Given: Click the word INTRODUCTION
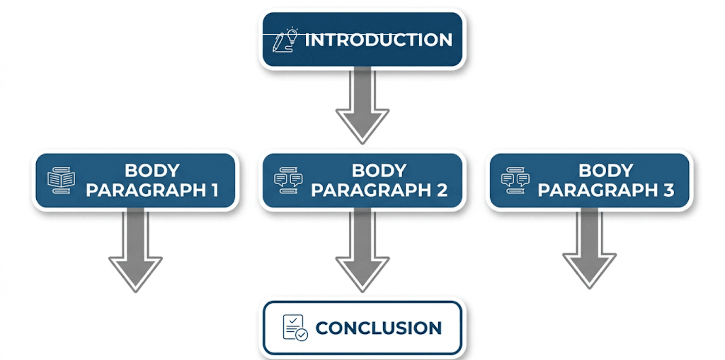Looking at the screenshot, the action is [378, 40].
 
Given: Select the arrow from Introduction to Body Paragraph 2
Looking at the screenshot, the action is [362, 106].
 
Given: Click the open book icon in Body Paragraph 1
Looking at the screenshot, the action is [61, 180].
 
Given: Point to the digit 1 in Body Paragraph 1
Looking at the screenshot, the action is [215, 190].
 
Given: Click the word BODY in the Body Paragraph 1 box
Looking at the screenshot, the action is [152, 170].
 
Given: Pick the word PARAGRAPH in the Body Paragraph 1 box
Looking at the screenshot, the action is [146, 190].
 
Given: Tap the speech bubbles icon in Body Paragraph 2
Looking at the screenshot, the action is [288, 180].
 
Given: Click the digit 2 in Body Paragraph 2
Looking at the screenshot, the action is [442, 190].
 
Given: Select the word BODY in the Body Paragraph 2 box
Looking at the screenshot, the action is [379, 170].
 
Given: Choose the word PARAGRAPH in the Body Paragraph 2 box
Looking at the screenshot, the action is [372, 190].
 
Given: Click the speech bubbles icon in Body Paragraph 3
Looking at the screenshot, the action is [515, 180].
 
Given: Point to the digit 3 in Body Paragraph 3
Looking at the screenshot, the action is [669, 190].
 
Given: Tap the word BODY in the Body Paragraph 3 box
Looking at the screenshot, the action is [606, 170].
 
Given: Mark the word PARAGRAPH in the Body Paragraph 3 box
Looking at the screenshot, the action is [598, 190].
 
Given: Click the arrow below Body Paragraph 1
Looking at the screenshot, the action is [135, 251].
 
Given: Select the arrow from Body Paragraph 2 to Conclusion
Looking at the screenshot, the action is [362, 251].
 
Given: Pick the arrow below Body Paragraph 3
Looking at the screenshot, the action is [590, 249].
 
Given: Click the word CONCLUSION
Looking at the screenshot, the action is [379, 328].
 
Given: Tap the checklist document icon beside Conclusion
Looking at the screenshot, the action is [295, 328].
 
